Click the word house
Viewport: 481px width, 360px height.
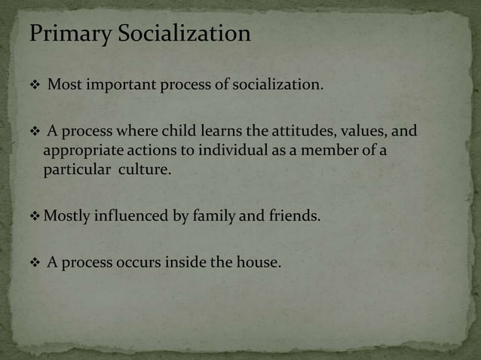259,264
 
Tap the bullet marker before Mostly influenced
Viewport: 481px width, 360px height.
35,217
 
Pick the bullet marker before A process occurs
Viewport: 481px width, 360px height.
34,264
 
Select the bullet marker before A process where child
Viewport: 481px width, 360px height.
34,132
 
